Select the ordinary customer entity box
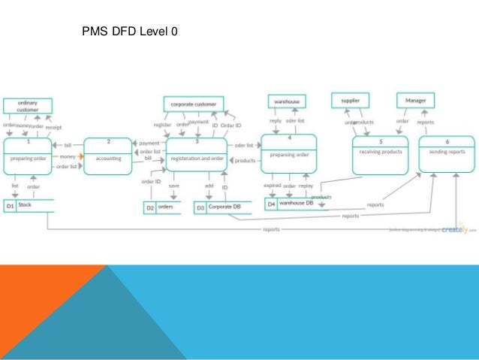pos(28,106)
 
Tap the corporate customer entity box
pos(193,104)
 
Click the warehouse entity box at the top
pos(287,101)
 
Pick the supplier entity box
pos(351,100)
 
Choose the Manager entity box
pos(415,100)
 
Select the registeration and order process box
pos(197,157)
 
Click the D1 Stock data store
pos(29,204)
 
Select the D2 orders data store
pos(162,207)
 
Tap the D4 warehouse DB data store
pos(294,203)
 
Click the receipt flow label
pos(53,128)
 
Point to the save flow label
pos(173,185)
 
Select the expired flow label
pos(272,185)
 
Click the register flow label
pos(163,124)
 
